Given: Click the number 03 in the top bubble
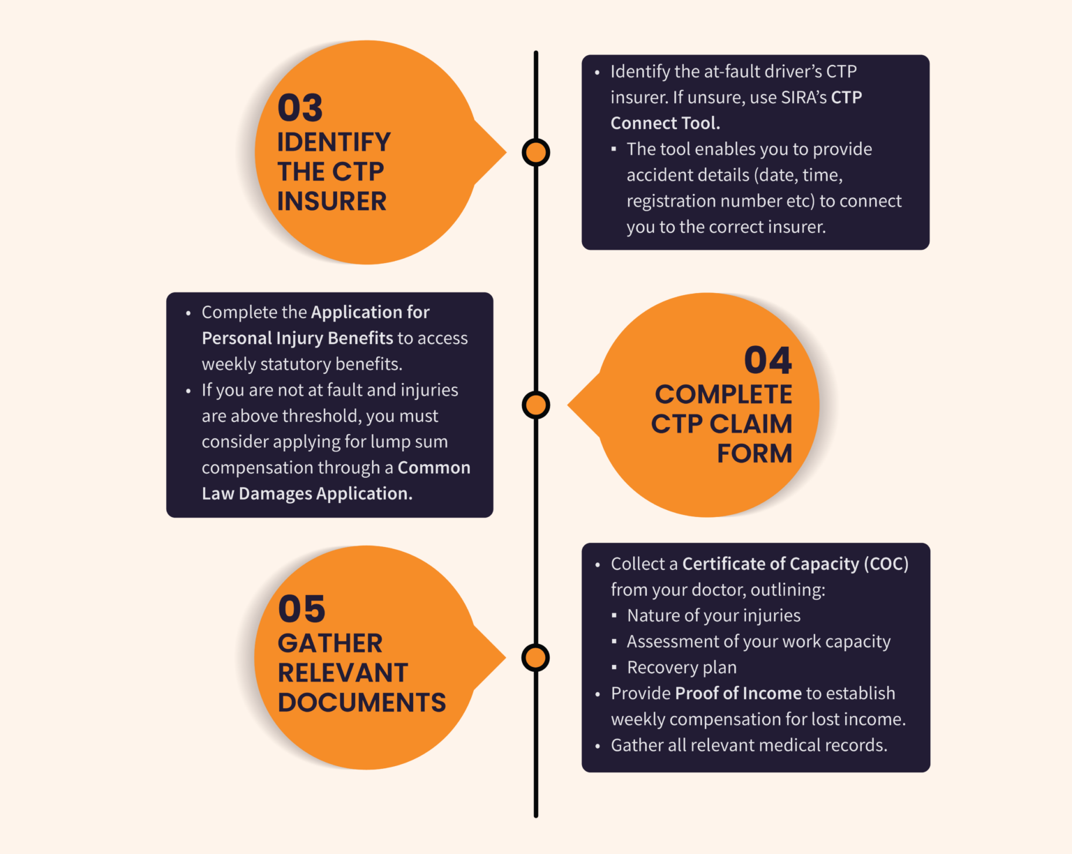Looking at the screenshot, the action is pos(300,107).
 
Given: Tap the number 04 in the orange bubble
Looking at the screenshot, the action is pos(768,360).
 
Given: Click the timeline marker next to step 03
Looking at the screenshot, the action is pos(536,152).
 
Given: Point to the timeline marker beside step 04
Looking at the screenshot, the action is pos(536,405).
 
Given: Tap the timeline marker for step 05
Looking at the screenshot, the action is pos(535,658).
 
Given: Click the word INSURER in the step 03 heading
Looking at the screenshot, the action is pos(332,202).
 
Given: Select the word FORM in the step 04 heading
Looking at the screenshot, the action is pos(754,454).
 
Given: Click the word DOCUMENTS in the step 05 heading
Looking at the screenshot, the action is pos(362,703).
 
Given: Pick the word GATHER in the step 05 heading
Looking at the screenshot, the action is pos(330,643).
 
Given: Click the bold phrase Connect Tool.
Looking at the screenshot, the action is pos(666,123).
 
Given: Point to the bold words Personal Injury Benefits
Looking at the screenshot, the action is pos(297,338).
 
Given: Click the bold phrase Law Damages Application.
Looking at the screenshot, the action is pos(307,493).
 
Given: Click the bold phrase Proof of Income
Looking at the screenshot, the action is pos(738,693).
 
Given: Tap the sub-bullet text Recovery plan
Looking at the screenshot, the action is pos(682,667).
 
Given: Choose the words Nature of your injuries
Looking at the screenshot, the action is pos(714,615).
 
